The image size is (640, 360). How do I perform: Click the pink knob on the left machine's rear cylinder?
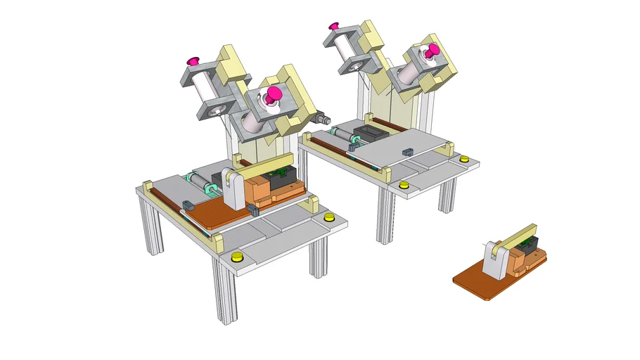coord(191,61)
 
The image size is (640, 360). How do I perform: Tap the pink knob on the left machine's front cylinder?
coord(273,93)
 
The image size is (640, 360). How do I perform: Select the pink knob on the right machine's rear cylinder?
coord(333,27)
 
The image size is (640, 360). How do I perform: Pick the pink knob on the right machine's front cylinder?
coord(431,51)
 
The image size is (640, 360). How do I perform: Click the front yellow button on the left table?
coord(237,255)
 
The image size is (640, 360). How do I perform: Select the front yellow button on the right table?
coord(403,186)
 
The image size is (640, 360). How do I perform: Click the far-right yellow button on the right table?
coord(463,160)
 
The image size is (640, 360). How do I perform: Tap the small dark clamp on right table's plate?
coord(407,150)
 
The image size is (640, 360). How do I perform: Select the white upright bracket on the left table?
coord(233,189)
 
